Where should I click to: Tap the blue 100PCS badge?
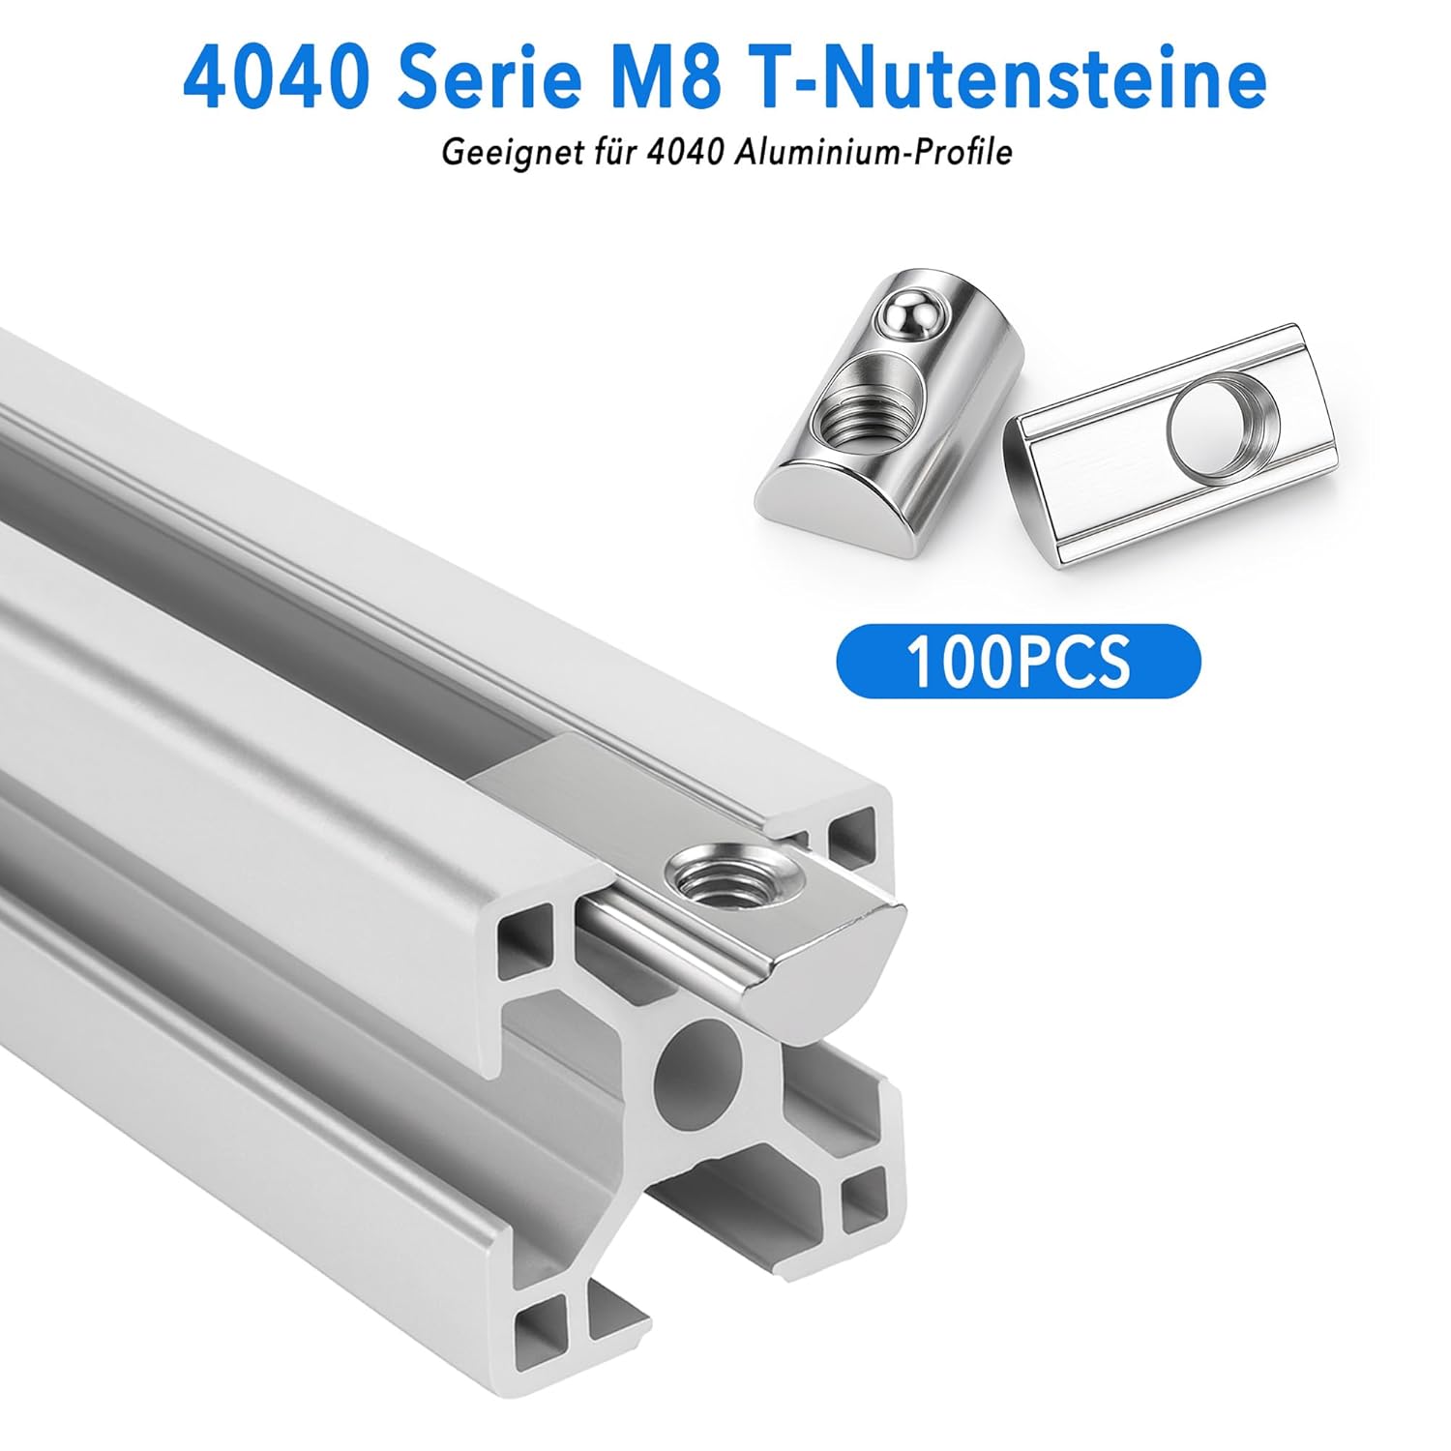1018,661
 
